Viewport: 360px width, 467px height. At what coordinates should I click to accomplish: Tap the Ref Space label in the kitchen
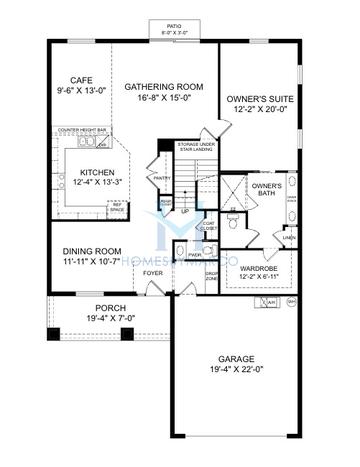tap(117, 208)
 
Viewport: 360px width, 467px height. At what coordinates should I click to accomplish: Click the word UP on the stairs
tap(184, 211)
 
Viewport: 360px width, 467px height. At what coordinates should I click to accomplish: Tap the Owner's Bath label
tap(266, 189)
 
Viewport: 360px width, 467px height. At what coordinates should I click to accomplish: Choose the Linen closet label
tap(288, 237)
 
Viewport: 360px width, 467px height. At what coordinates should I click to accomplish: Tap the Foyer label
tap(153, 273)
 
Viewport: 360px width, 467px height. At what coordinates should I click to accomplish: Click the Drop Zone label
tap(211, 276)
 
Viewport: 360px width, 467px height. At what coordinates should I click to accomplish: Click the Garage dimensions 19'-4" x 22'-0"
tap(237, 369)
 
